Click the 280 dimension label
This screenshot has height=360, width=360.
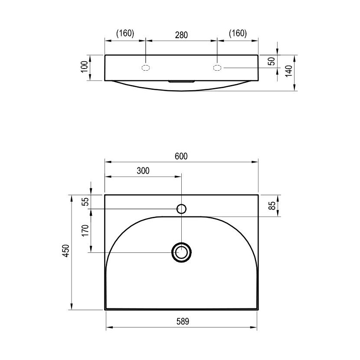click(x=181, y=35)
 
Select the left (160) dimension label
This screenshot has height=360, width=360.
click(x=125, y=33)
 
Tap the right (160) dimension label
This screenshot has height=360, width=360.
click(x=238, y=33)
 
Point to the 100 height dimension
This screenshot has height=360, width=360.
click(x=85, y=67)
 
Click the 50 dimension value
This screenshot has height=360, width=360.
click(x=272, y=61)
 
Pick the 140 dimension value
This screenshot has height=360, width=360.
click(x=289, y=71)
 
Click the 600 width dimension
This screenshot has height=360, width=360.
click(x=181, y=156)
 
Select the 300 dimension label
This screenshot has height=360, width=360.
click(x=143, y=171)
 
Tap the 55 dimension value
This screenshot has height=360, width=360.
click(x=85, y=202)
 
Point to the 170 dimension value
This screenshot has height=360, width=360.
click(x=85, y=230)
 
